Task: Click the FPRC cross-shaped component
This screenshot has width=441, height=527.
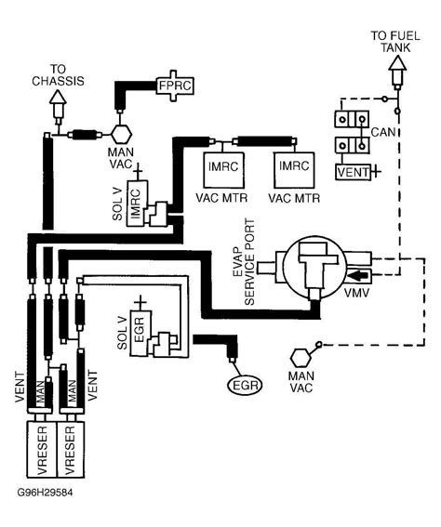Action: (175, 86)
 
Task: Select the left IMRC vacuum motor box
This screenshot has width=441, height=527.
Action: (223, 170)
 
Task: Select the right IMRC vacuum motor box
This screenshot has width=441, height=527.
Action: (294, 170)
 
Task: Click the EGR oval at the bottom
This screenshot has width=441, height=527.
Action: (246, 385)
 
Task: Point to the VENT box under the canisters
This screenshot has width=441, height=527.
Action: (353, 173)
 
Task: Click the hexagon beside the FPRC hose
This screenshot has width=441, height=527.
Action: (121, 134)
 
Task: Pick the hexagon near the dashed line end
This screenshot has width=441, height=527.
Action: (301, 358)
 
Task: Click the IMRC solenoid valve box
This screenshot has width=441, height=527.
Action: (137, 204)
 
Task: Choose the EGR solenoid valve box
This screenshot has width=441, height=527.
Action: (140, 333)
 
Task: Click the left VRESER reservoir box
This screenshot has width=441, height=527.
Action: (42, 449)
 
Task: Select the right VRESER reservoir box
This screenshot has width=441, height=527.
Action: (71, 449)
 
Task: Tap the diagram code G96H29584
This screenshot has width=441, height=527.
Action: (45, 493)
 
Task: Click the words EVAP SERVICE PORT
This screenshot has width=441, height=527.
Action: (244, 262)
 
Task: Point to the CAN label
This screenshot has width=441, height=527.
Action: (383, 132)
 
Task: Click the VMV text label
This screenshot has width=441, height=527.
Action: (356, 293)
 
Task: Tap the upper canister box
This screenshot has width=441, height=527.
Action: (352, 119)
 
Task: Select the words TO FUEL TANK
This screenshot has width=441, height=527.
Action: (395, 42)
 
